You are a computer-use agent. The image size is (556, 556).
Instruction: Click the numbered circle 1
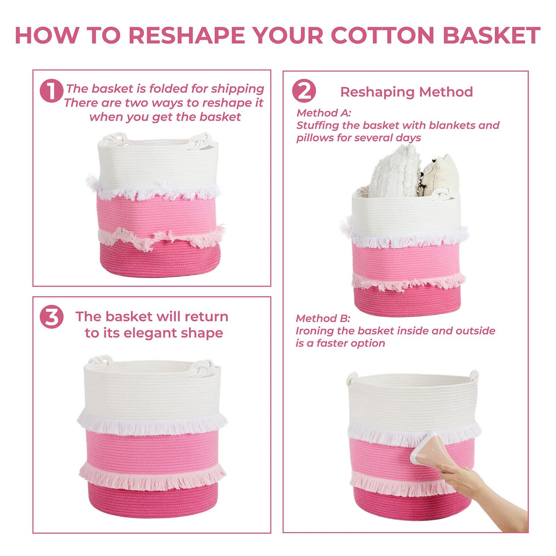(x=51, y=90)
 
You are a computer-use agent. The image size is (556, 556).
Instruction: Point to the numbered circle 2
(x=304, y=90)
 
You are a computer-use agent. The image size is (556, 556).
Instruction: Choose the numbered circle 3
(x=51, y=317)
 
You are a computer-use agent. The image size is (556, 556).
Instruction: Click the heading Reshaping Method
(x=407, y=92)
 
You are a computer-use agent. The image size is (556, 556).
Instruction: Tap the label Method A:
(x=324, y=113)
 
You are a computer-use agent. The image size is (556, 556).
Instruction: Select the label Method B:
(x=323, y=318)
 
